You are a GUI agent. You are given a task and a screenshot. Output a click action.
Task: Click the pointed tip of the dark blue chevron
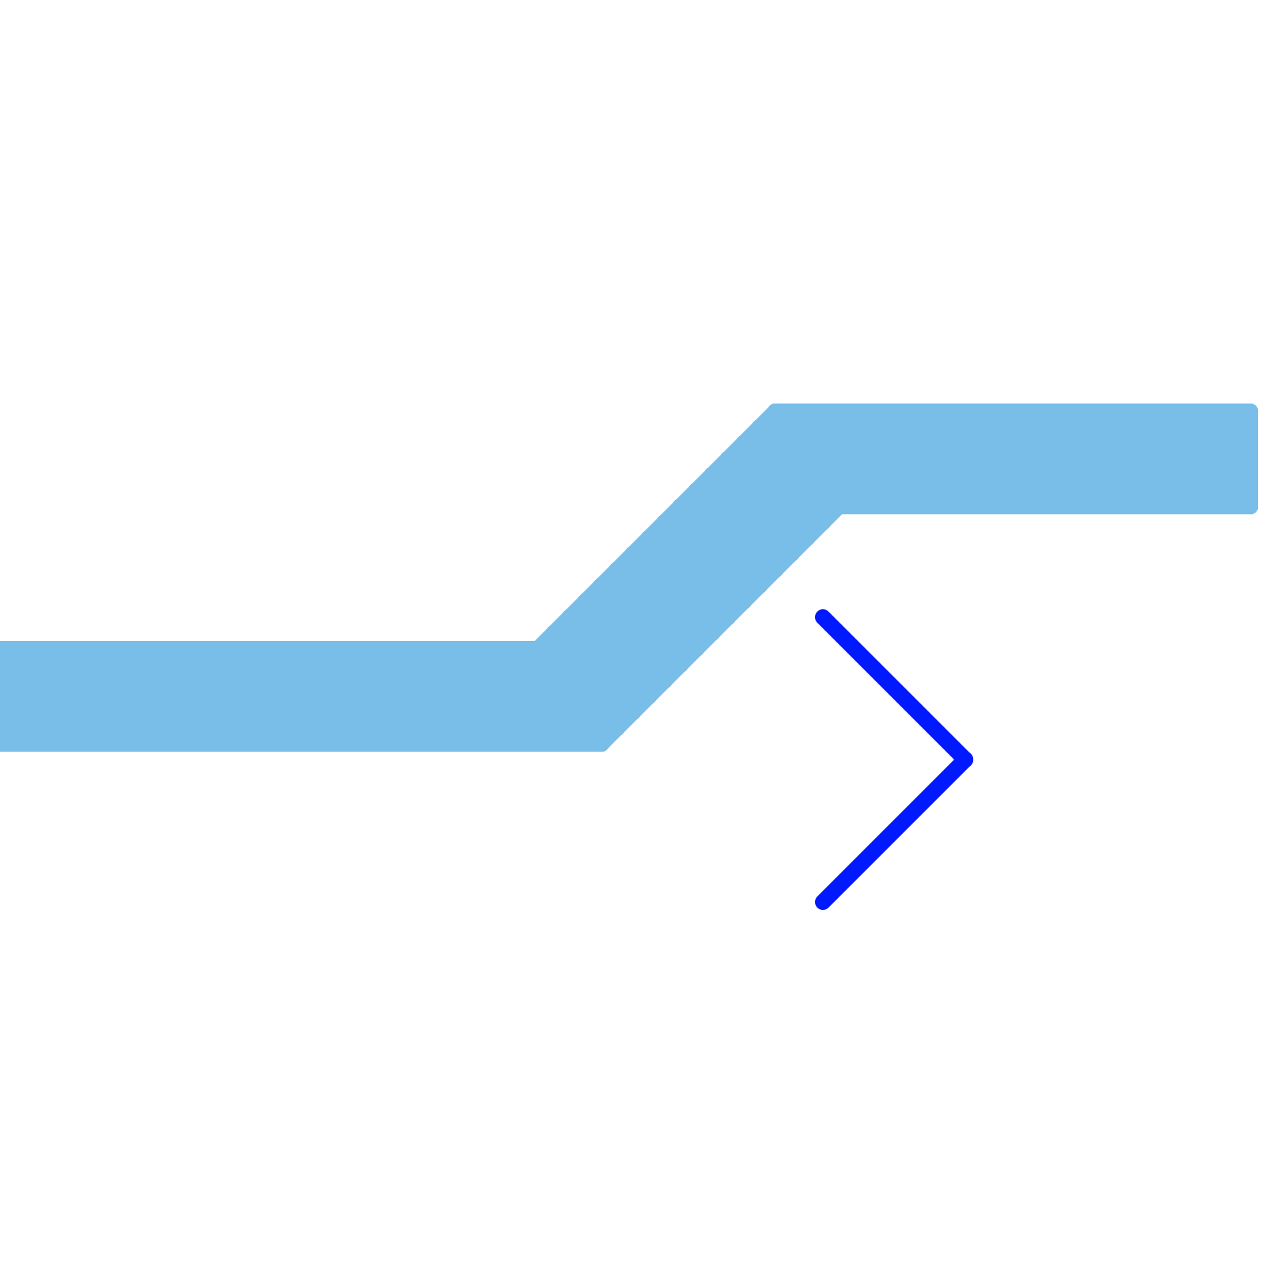click(x=965, y=760)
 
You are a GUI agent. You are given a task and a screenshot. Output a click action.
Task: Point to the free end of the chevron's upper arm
click(x=823, y=617)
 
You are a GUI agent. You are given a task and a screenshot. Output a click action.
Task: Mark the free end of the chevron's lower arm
click(x=823, y=902)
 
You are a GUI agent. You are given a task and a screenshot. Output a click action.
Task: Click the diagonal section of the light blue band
click(x=688, y=578)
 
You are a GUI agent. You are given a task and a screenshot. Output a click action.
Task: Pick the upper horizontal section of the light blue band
click(x=1029, y=459)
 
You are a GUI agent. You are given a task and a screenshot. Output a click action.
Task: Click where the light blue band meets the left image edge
click(x=2, y=696)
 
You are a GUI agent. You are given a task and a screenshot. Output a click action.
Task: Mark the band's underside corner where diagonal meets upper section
click(x=843, y=514)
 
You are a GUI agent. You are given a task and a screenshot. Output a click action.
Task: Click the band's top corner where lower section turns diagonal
click(x=534, y=642)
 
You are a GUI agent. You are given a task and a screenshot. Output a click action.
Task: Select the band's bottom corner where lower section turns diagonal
click(x=605, y=750)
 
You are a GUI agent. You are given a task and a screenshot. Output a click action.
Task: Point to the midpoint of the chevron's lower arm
click(x=894, y=831)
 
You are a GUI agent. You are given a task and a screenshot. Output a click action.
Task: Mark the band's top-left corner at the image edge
click(x=2, y=642)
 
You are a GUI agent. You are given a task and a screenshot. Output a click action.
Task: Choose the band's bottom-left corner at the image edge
click(x=2, y=749)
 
